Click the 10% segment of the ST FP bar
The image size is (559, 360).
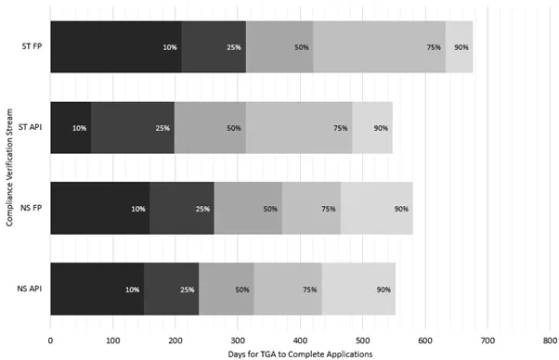pyautogui.click(x=116, y=46)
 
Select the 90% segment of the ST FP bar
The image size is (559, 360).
pyautogui.click(x=459, y=46)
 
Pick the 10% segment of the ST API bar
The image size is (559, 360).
pyautogui.click(x=71, y=127)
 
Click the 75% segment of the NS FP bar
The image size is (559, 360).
pyautogui.click(x=311, y=209)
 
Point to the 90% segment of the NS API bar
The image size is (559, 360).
pyautogui.click(x=358, y=289)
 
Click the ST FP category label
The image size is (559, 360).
pyautogui.click(x=30, y=46)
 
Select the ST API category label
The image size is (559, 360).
pyautogui.click(x=29, y=127)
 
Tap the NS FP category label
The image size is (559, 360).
pyautogui.click(x=30, y=209)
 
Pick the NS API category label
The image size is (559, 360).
pyautogui.click(x=29, y=289)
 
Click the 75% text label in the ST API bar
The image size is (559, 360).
pyautogui.click(x=341, y=128)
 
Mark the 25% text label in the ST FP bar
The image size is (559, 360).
pyautogui.click(x=234, y=46)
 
